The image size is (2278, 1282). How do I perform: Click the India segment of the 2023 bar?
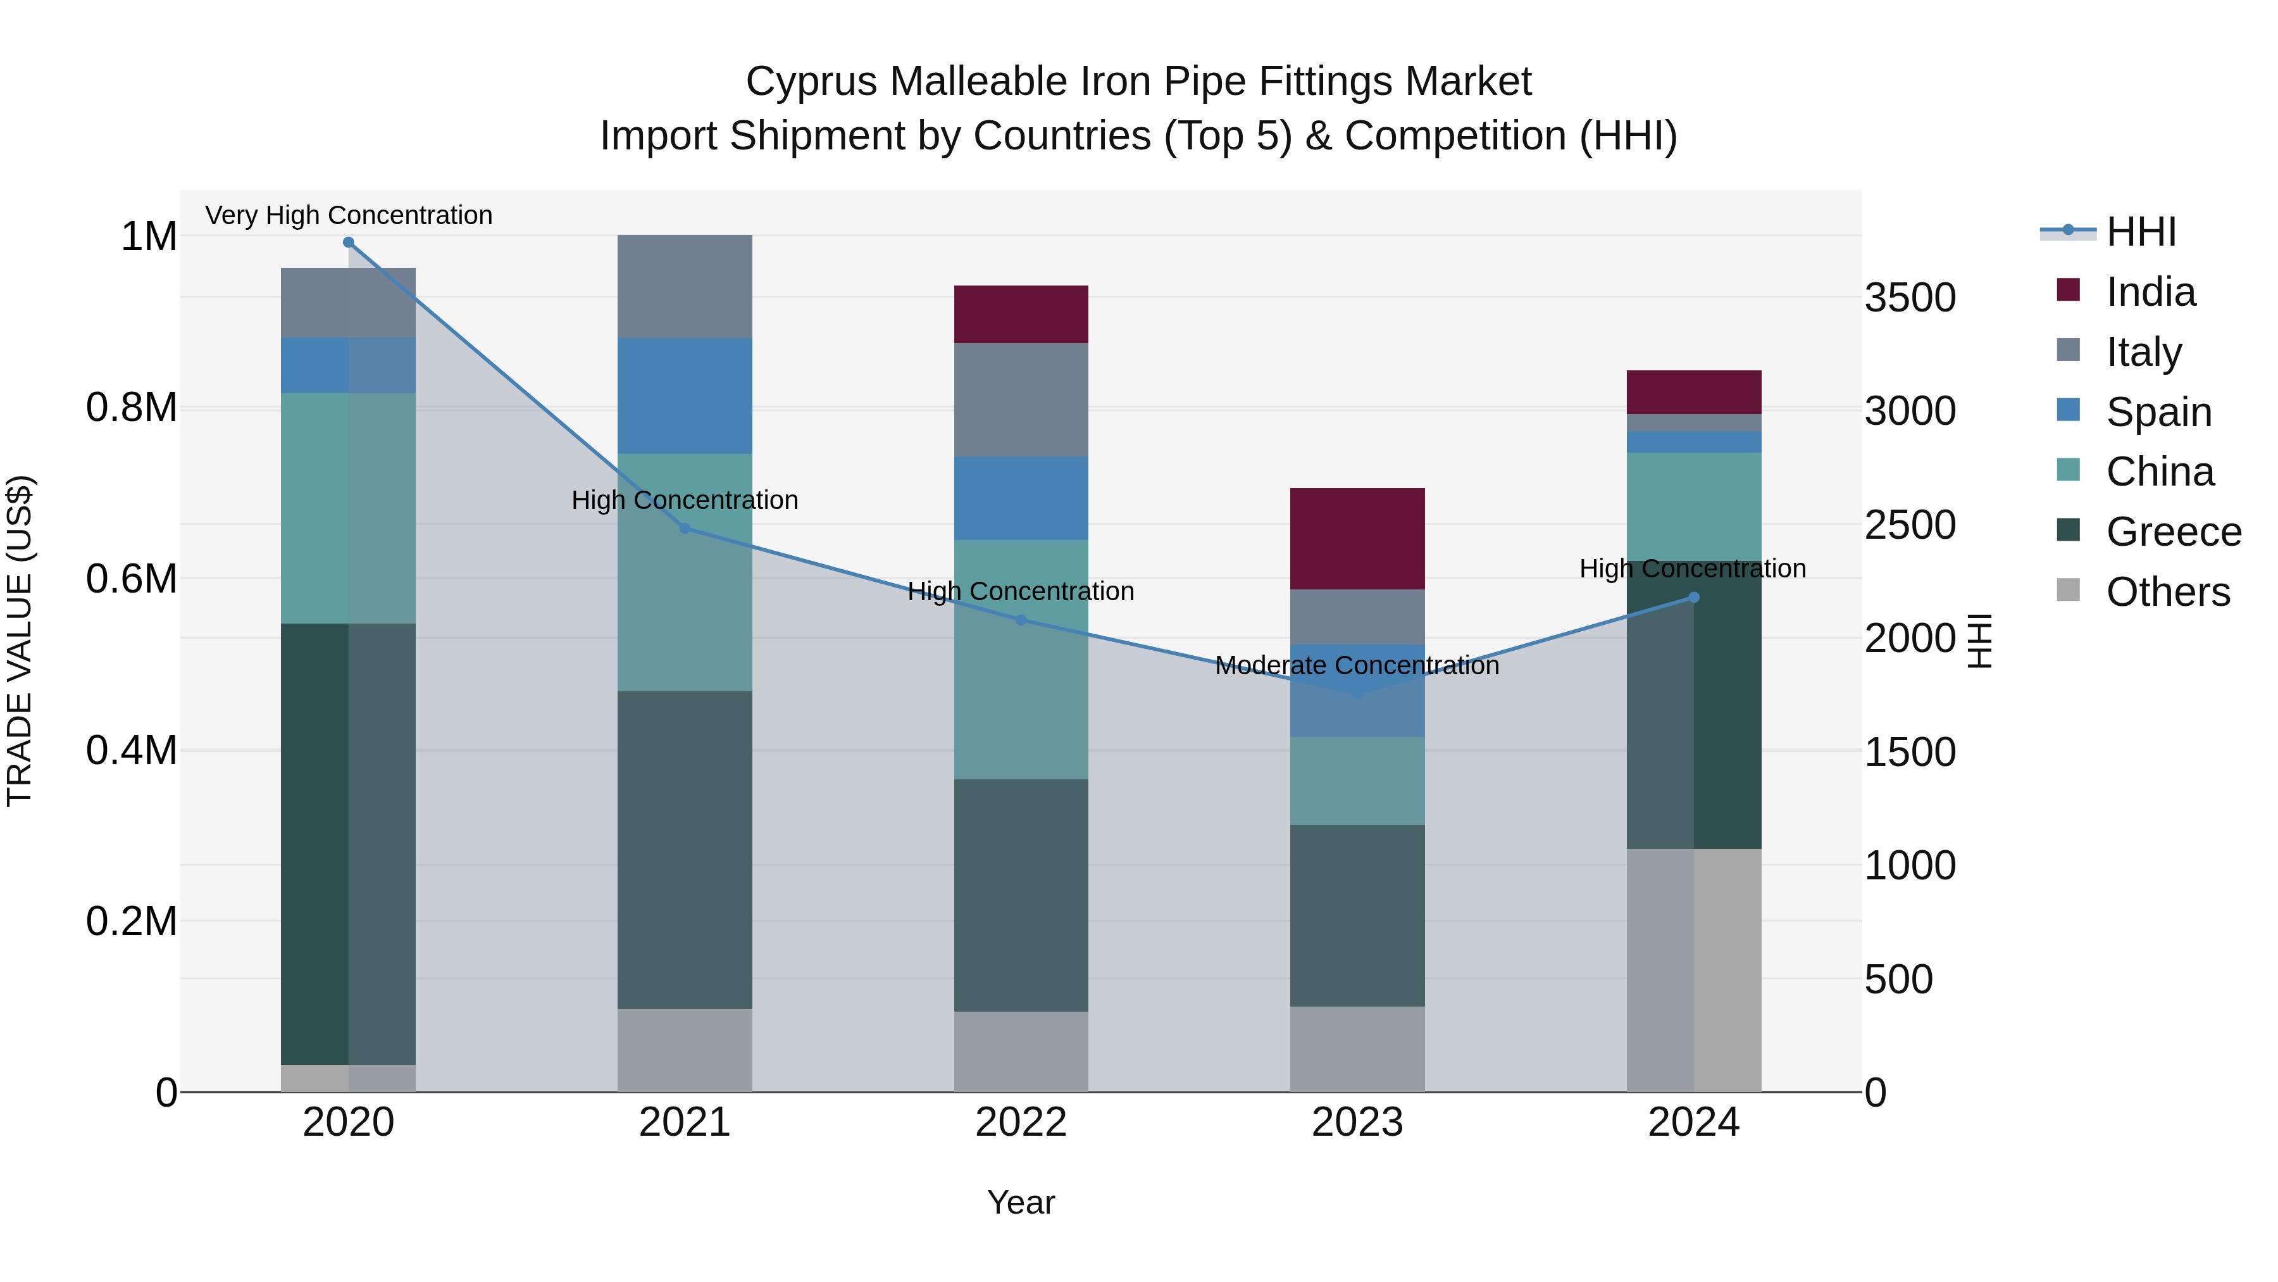(1357, 538)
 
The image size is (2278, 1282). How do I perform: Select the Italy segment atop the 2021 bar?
(685, 286)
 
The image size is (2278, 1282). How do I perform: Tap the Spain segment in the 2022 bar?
(1021, 498)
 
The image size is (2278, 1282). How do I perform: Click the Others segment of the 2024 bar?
(1693, 970)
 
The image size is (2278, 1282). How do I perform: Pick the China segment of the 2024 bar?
(1693, 506)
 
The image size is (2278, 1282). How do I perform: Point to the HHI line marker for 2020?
(349, 242)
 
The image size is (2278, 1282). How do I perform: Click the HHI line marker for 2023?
(1357, 694)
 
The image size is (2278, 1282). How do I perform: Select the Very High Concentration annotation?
(349, 215)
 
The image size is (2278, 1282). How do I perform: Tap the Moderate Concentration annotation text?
(1357, 665)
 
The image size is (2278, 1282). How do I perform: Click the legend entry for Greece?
(2173, 532)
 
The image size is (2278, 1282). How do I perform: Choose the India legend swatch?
(2069, 290)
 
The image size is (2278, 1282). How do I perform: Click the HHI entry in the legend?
(2140, 232)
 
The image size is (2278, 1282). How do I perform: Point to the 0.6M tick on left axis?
(132, 579)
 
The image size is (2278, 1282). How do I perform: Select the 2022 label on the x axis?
(1021, 1122)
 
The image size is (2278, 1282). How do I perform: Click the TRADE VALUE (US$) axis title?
(20, 641)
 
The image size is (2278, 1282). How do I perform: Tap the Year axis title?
(1021, 1202)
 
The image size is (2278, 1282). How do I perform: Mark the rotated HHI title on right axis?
(1979, 641)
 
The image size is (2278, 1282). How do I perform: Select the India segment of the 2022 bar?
(1021, 314)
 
